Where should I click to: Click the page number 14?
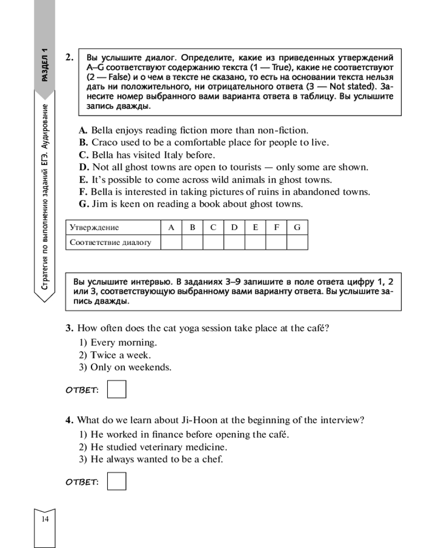45,520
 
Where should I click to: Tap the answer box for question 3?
117,389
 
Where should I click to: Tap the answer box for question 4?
117,481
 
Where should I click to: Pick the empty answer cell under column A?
171,242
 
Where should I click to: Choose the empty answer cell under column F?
276,242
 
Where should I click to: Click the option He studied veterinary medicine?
158,447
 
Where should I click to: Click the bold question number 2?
69,56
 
